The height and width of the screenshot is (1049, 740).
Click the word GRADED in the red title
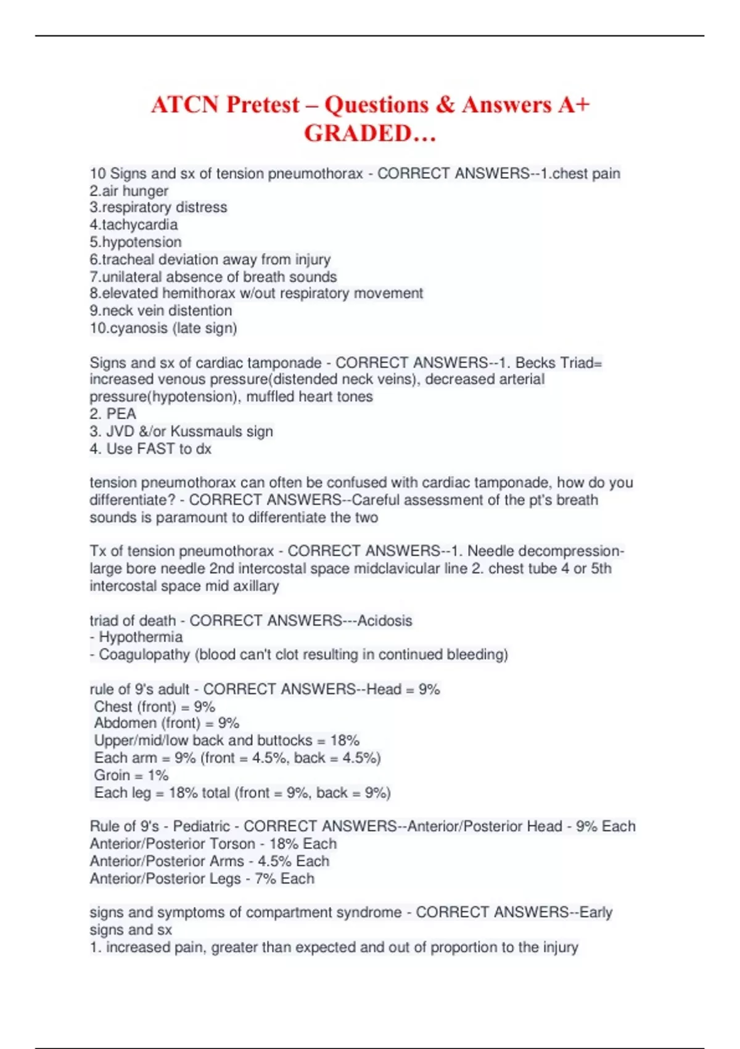coord(358,133)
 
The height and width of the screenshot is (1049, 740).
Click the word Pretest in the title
coord(263,105)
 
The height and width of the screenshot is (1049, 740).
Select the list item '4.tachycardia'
coord(134,225)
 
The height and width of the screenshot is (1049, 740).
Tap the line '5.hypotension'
coord(136,242)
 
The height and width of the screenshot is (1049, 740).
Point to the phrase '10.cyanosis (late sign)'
coord(163,328)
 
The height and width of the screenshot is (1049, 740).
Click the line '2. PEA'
coord(113,413)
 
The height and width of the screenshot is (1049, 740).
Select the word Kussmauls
coord(206,431)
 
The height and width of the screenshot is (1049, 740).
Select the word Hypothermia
coord(141,637)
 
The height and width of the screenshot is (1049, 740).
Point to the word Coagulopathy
coord(144,654)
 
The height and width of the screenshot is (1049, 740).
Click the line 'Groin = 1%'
coord(131,775)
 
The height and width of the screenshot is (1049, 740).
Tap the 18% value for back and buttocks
coord(345,740)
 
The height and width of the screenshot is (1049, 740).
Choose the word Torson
coord(232,844)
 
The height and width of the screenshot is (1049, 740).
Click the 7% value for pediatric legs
coord(265,878)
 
